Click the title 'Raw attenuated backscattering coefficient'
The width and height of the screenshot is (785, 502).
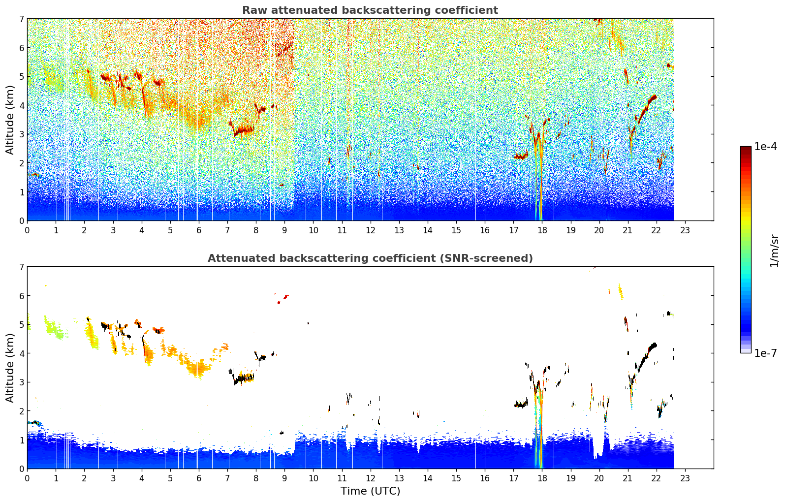pyautogui.click(x=370, y=10)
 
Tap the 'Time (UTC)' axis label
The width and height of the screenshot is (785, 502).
pyautogui.click(x=370, y=491)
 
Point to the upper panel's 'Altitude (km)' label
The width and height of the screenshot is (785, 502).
pyautogui.click(x=10, y=120)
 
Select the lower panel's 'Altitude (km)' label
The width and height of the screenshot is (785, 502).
pyautogui.click(x=10, y=368)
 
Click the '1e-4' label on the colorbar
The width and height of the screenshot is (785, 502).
pyautogui.click(x=765, y=147)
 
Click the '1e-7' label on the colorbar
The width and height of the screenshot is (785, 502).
pyautogui.click(x=765, y=353)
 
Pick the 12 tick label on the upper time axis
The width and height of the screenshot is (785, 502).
pyautogui.click(x=371, y=230)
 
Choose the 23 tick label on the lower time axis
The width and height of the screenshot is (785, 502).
pyautogui.click(x=685, y=478)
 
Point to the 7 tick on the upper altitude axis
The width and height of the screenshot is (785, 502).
pyautogui.click(x=21, y=19)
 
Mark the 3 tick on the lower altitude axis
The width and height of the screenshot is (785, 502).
pyautogui.click(x=21, y=382)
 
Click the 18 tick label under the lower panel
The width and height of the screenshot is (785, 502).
pyautogui.click(x=542, y=478)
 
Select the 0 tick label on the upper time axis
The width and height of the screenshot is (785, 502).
pyautogui.click(x=28, y=230)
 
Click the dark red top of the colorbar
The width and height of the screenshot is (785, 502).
pyautogui.click(x=746, y=149)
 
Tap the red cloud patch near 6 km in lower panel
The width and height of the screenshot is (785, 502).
pyautogui.click(x=283, y=299)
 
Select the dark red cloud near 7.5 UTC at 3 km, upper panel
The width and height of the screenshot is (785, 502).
pyautogui.click(x=244, y=131)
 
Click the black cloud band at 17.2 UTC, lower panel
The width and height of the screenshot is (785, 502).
pyautogui.click(x=521, y=404)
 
